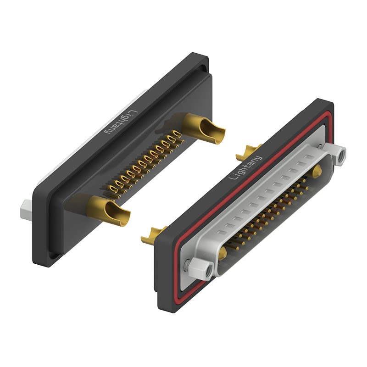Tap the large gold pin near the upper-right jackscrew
pyautogui.click(x=317, y=172)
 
